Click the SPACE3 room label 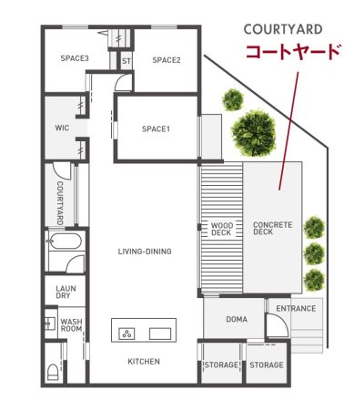[75, 58]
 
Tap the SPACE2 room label [167, 60]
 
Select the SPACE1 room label [156, 129]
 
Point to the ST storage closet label [126, 61]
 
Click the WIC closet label [62, 128]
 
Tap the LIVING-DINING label [145, 252]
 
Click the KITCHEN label [144, 362]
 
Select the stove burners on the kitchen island [126, 334]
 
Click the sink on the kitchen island [160, 334]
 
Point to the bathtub [65, 242]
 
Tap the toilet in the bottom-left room [53, 372]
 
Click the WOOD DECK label [222, 229]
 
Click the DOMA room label [237, 319]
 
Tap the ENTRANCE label [296, 309]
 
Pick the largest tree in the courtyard [254, 133]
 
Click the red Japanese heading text [294, 52]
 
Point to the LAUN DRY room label [66, 292]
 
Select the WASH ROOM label [71, 325]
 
